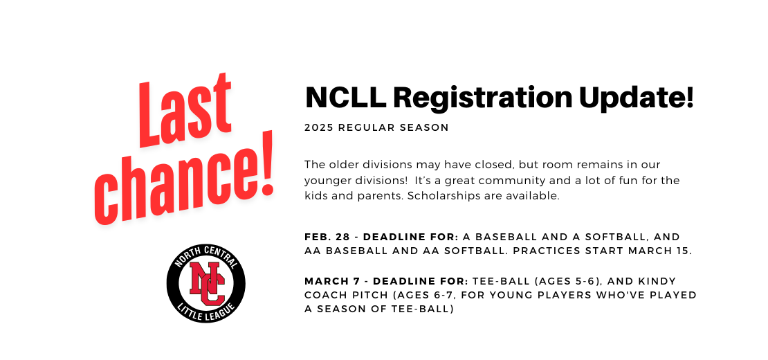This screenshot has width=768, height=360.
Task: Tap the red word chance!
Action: pos(183,179)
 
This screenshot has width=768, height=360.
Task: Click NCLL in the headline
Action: pos(345,98)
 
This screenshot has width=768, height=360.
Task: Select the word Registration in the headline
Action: pos(482,99)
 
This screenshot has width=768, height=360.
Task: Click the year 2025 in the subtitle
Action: pos(319,128)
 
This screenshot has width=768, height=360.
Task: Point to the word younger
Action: pos(326,181)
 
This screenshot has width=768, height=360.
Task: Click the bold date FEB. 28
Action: pos(327,237)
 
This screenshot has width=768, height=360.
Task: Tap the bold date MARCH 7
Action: pos(336,282)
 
